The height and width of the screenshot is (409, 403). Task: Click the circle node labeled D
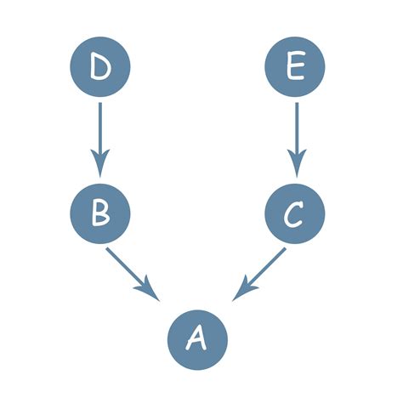point(100,67)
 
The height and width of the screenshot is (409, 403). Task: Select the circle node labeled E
point(296,67)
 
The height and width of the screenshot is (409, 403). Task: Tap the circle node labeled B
point(100,213)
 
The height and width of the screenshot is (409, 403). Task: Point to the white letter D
point(100,67)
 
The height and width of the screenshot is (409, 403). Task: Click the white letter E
point(296,67)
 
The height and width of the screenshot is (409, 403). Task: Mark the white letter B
point(100,213)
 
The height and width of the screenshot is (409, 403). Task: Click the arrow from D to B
point(100,136)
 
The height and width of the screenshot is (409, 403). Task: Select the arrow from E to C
point(296,136)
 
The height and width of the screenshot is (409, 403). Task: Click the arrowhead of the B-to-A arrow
point(152,291)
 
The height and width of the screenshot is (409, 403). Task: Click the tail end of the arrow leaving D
point(100,105)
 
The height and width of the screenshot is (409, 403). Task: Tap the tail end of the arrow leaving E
point(296,105)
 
